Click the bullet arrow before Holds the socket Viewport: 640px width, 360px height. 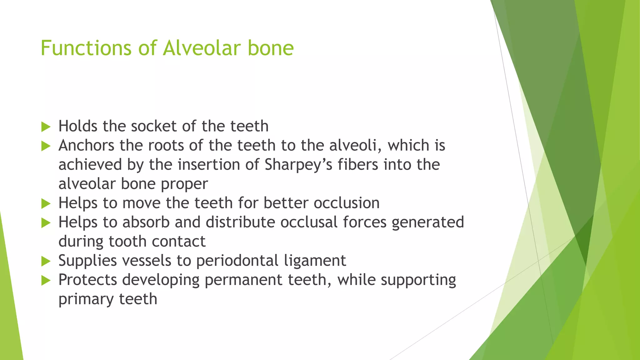pyautogui.click(x=46, y=127)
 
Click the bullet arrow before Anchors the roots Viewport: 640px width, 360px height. pyautogui.click(x=46, y=146)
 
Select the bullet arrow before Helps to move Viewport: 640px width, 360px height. pyautogui.click(x=46, y=204)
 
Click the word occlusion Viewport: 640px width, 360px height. pyautogui.click(x=347, y=203)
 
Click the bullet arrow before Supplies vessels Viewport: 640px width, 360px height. pyautogui.click(x=46, y=261)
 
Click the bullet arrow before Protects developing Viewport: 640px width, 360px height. pyautogui.click(x=46, y=281)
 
